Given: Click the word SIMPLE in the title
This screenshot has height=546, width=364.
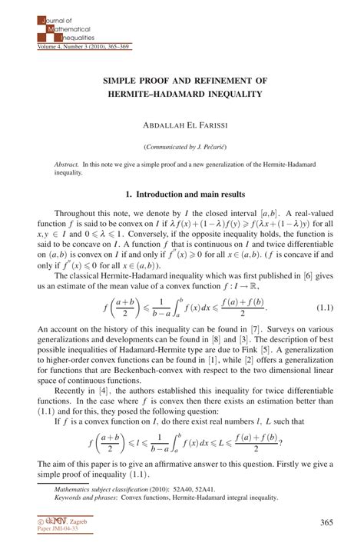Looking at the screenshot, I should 121,80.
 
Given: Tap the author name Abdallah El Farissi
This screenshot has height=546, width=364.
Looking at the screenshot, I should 182,123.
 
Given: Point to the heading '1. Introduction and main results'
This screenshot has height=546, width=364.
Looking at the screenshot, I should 182,195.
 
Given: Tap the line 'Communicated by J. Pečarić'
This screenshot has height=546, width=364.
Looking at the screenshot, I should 182,146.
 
